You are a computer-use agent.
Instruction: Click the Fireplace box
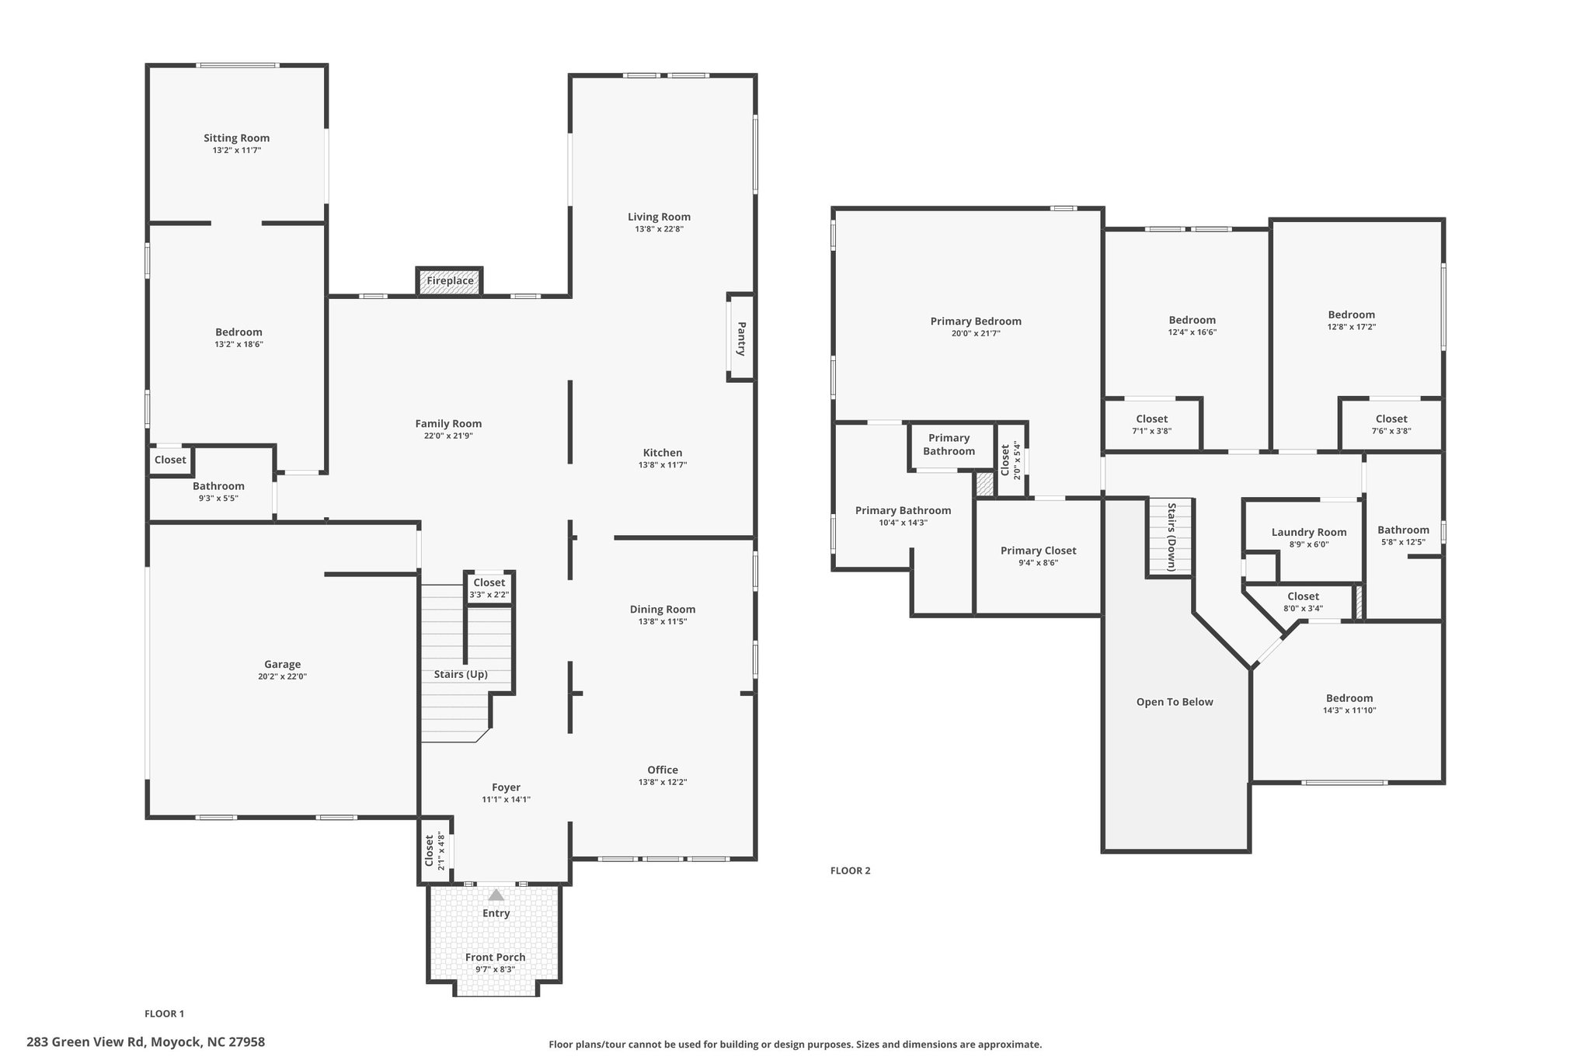[x=450, y=281]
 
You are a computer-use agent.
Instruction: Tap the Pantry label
[x=741, y=339]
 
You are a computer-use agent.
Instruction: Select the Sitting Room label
[x=237, y=138]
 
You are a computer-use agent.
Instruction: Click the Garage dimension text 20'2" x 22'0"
[x=282, y=676]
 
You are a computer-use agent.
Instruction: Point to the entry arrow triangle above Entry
[x=496, y=895]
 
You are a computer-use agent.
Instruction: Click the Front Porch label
[x=496, y=957]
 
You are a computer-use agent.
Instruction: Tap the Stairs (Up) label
[x=461, y=674]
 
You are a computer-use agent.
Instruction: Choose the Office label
[x=663, y=770]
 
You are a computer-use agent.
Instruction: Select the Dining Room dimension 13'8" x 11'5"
[x=663, y=621]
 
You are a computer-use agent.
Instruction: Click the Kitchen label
[x=663, y=453]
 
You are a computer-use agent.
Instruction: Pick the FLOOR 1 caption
[x=165, y=1013]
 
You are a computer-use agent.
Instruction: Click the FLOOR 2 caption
[x=851, y=871]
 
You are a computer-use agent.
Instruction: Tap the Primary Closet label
[x=1039, y=551]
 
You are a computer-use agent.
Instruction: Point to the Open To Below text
[x=1175, y=702]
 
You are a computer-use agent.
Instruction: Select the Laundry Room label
[x=1309, y=532]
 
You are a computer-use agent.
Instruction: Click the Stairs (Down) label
[x=1171, y=537]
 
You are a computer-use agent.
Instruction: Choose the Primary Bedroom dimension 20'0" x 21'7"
[x=976, y=333]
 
